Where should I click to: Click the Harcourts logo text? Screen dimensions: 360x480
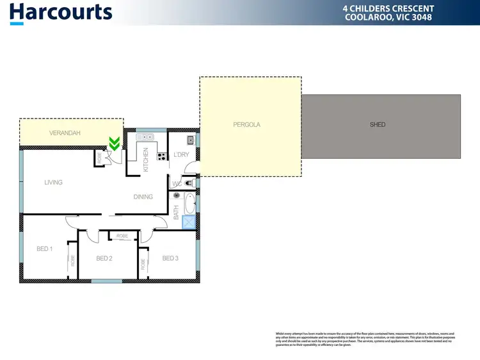pyautogui.click(x=61, y=12)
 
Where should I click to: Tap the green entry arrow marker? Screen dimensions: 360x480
pyautogui.click(x=115, y=144)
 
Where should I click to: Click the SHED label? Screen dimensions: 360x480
pyautogui.click(x=378, y=124)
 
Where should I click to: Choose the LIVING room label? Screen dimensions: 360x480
pyautogui.click(x=53, y=183)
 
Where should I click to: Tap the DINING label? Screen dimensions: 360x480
pyautogui.click(x=143, y=197)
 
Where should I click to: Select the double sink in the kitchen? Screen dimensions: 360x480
pyautogui.click(x=145, y=136)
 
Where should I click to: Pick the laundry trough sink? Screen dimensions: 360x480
pyautogui.click(x=191, y=140)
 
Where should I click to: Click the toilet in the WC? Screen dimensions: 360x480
pyautogui.click(x=188, y=183)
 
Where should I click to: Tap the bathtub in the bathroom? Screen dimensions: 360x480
pyautogui.click(x=188, y=205)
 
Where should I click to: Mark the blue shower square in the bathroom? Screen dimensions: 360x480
pyautogui.click(x=188, y=222)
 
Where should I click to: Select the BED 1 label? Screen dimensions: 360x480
pyautogui.click(x=44, y=249)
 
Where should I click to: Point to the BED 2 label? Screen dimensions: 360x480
pyautogui.click(x=104, y=259)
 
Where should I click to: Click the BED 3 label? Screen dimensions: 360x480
pyautogui.click(x=170, y=258)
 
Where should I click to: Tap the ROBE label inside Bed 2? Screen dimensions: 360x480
pyautogui.click(x=122, y=236)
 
